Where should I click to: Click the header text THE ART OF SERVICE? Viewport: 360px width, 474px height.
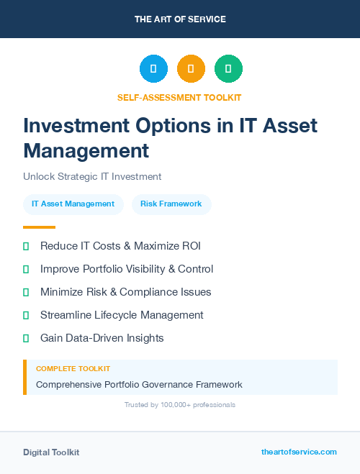click(180, 19)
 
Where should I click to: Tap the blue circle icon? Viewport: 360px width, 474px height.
click(153, 68)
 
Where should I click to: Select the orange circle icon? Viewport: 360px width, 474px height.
click(191, 68)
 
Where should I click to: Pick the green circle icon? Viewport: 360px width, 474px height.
click(228, 68)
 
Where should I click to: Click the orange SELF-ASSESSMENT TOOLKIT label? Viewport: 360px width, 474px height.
click(179, 97)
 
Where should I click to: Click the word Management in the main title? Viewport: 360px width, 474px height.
click(86, 151)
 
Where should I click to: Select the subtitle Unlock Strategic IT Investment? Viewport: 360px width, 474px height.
click(92, 176)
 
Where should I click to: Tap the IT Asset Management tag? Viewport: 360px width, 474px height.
click(73, 204)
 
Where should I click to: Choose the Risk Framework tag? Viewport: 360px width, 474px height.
click(171, 204)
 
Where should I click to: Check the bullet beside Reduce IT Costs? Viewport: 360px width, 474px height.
click(26, 246)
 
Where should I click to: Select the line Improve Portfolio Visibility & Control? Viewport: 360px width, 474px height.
click(127, 269)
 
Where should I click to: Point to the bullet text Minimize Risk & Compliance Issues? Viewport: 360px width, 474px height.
click(125, 292)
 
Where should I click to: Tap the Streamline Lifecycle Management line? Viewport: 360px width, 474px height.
click(122, 315)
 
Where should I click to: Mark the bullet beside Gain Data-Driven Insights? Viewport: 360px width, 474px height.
click(26, 338)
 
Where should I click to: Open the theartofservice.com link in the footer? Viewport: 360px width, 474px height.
click(299, 452)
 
